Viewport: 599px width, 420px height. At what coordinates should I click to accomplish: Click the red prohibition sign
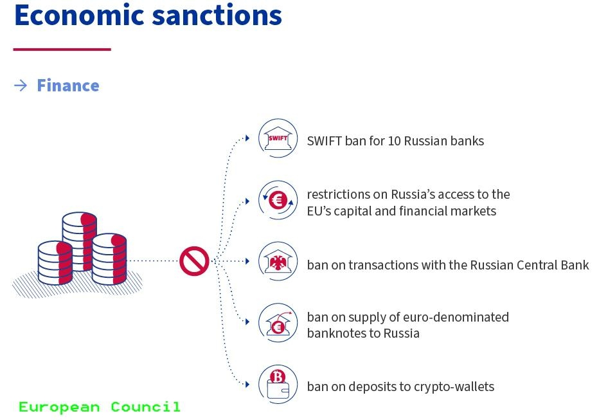[194, 261]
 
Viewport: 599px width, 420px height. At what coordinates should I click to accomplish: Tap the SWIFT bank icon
[278, 138]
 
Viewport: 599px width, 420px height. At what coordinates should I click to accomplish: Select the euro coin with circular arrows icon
[278, 201]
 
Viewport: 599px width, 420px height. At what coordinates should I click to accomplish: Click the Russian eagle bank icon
[278, 261]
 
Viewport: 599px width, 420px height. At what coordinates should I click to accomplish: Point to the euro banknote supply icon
[278, 323]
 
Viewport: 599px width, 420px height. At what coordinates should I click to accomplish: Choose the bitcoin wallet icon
[278, 385]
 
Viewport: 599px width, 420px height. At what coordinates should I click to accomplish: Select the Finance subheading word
[67, 86]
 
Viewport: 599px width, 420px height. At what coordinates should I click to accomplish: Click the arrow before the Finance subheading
[21, 86]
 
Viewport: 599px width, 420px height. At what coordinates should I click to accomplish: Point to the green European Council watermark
[100, 407]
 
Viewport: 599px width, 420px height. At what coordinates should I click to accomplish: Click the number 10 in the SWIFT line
[395, 140]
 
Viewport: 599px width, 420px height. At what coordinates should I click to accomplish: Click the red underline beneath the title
[62, 49]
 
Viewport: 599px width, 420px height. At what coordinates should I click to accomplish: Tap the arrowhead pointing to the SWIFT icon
[247, 138]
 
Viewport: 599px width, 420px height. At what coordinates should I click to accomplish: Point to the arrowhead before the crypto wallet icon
[247, 385]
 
